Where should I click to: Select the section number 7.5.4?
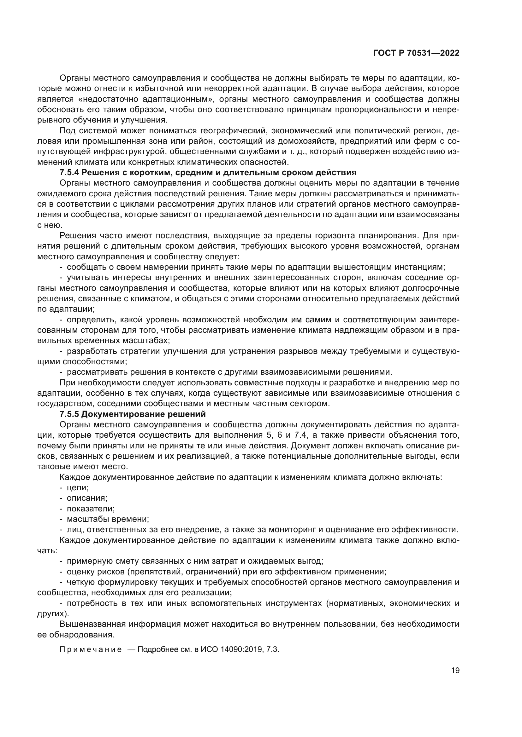coord(69,173)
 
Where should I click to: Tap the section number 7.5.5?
coord(69,414)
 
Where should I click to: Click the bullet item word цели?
coord(77,487)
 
